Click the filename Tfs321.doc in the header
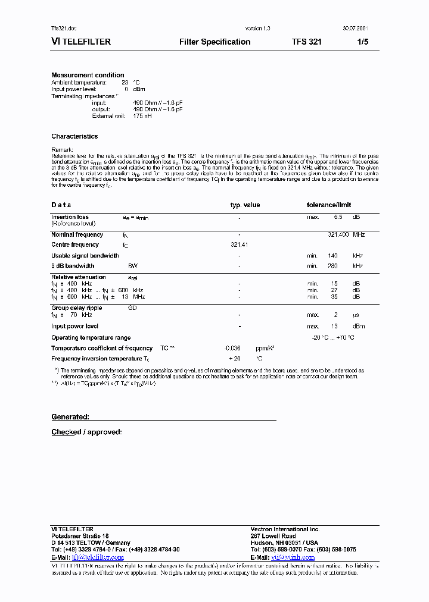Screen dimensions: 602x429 click(x=64, y=29)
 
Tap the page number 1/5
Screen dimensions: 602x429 click(x=363, y=42)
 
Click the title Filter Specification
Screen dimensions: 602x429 click(x=214, y=42)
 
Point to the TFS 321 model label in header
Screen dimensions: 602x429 click(x=307, y=42)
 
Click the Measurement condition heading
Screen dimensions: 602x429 click(x=88, y=75)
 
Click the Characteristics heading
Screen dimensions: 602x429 click(x=74, y=136)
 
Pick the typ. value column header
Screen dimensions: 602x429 click(x=245, y=205)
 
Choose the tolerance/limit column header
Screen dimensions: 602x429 click(x=333, y=205)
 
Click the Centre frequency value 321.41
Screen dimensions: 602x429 click(x=239, y=244)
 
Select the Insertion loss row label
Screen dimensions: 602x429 click(x=70, y=217)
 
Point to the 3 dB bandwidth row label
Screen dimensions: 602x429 click(x=73, y=266)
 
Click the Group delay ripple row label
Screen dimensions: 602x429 click(x=76, y=308)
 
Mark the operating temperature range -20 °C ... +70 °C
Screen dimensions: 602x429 click(x=333, y=338)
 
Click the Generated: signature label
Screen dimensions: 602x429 click(x=70, y=417)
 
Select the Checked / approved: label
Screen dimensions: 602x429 click(x=86, y=432)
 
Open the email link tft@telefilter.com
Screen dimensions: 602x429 click(x=98, y=557)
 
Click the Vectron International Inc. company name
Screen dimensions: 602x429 click(x=285, y=529)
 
